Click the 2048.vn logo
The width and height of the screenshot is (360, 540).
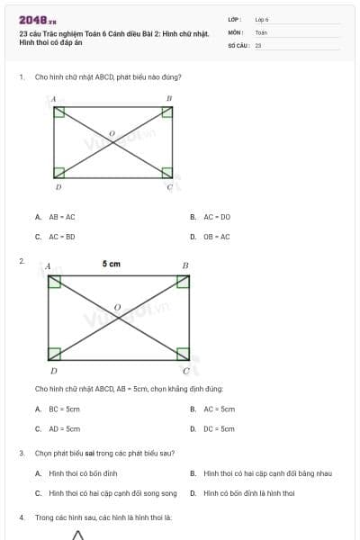[x=37, y=19]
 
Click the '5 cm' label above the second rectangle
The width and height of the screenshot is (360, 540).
[x=112, y=265]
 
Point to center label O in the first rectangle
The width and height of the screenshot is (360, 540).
[x=112, y=133]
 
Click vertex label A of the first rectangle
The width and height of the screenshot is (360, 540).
[x=53, y=98]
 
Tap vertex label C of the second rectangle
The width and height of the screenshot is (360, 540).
[x=186, y=370]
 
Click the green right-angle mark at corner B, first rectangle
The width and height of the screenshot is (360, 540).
[x=166, y=112]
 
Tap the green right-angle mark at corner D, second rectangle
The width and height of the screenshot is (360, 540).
[x=54, y=353]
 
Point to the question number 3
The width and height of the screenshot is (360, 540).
[x=22, y=453]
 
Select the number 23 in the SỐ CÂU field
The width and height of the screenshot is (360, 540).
[x=258, y=45]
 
